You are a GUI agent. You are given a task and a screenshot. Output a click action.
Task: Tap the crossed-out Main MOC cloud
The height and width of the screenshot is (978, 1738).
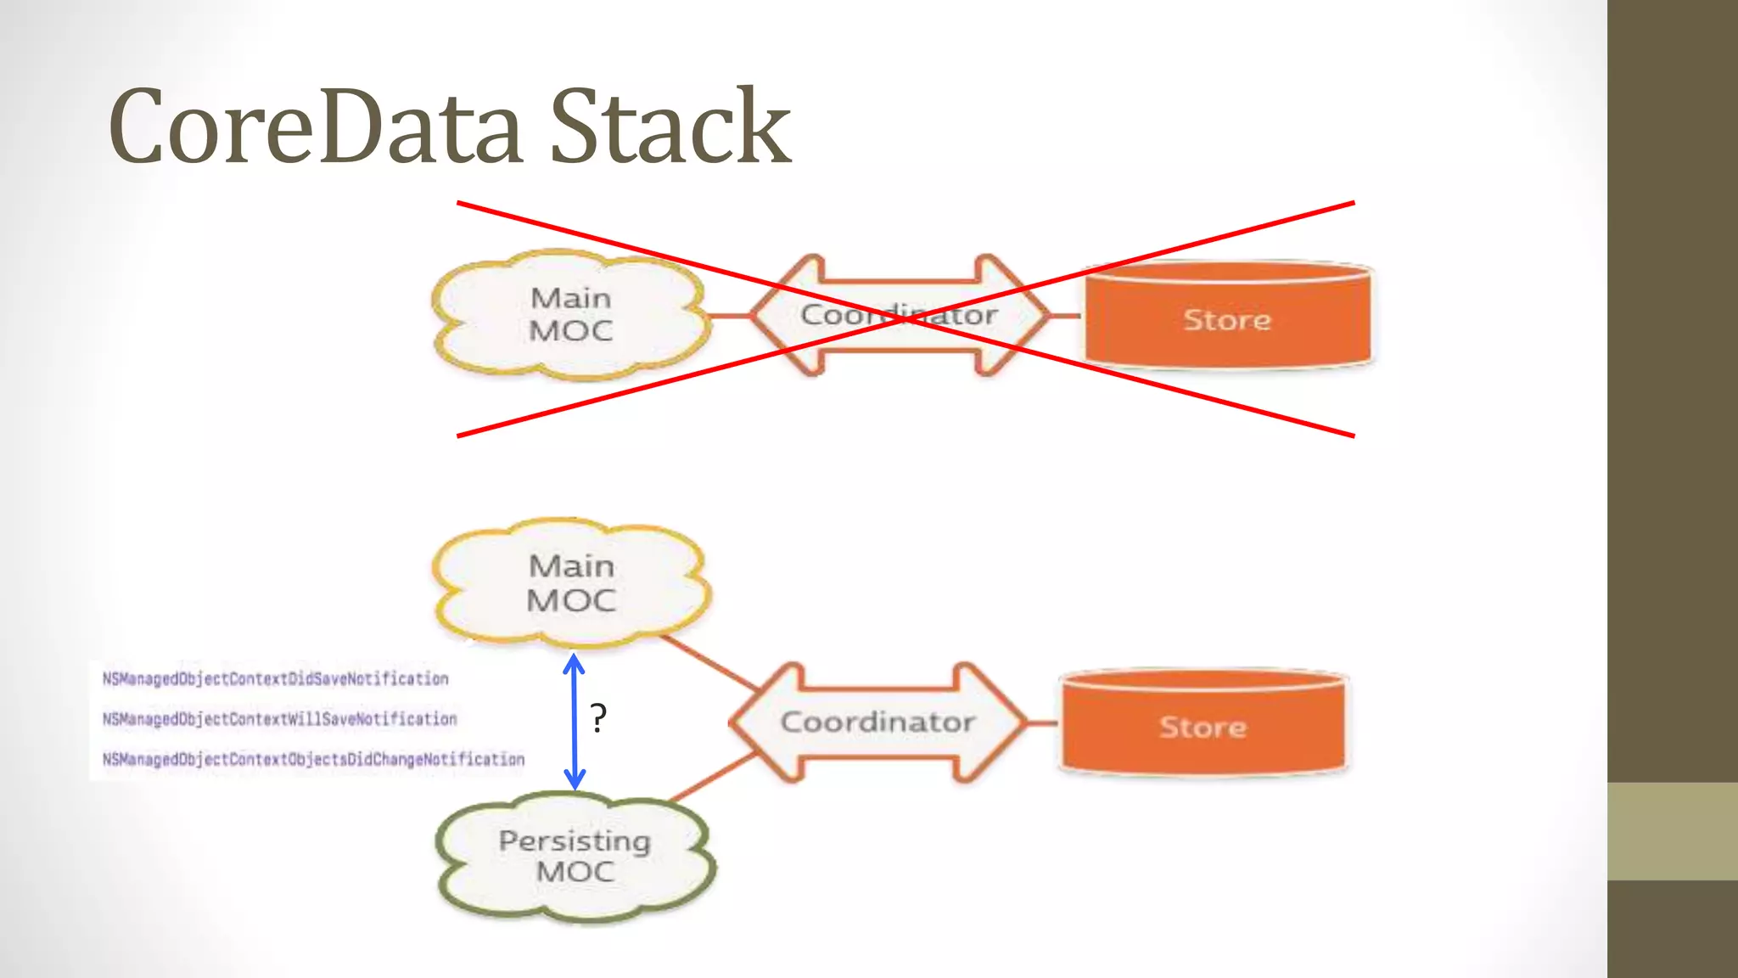(570, 314)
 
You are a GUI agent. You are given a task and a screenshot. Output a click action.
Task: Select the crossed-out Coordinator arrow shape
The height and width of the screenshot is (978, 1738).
(900, 315)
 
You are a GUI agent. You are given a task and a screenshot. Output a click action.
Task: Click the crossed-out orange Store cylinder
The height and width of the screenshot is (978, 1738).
(1227, 318)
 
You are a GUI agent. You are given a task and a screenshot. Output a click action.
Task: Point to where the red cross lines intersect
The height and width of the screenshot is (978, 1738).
(905, 319)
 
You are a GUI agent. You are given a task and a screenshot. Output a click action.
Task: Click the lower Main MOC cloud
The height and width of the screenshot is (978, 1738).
(570, 582)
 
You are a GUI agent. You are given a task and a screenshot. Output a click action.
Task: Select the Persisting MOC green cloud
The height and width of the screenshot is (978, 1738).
(575, 856)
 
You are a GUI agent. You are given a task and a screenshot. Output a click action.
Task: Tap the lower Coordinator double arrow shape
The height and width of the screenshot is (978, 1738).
(877, 722)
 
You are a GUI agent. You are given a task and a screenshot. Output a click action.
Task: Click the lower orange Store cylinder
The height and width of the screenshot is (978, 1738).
(1203, 726)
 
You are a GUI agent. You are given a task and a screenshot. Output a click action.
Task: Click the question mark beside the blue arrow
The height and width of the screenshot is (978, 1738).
(598, 719)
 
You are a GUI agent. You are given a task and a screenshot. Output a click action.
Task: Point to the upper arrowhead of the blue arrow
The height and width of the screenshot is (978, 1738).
(575, 661)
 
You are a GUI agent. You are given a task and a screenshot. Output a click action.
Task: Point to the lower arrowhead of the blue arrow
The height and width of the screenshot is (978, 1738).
(575, 782)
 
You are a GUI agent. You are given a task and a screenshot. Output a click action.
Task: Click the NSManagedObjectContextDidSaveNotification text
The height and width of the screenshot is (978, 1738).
(275, 679)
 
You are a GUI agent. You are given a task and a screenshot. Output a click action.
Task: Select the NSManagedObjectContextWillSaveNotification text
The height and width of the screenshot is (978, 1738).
(279, 719)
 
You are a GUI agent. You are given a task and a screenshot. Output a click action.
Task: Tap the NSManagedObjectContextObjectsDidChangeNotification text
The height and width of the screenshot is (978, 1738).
(313, 759)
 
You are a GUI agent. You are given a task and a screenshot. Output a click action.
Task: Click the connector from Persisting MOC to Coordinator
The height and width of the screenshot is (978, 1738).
(713, 777)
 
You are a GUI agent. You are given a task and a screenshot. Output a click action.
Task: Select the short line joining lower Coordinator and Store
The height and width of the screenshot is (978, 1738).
(1043, 723)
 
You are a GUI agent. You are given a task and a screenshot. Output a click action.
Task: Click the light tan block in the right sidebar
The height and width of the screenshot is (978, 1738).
(1672, 830)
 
